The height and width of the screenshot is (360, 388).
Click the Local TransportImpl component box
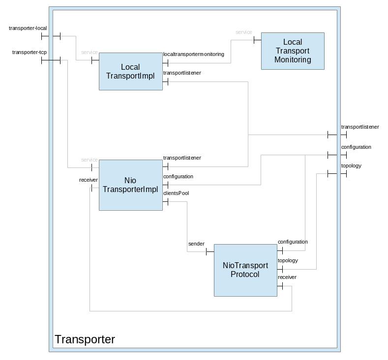coord(130,71)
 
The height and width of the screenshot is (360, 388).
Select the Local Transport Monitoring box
coord(293,51)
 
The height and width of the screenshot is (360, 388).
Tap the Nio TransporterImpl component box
coord(130,185)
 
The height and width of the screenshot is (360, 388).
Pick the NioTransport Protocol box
coord(245,270)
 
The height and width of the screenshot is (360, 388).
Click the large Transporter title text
coord(85,339)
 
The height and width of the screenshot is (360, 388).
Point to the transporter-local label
coord(28,28)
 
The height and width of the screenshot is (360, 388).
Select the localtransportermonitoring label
coord(194,54)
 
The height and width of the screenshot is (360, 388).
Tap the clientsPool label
coord(176,193)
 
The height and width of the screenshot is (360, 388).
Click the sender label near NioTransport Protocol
coord(196,244)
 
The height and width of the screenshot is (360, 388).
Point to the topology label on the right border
coord(351,166)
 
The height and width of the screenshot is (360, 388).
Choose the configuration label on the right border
coord(356,147)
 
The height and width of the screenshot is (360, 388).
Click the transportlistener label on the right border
coord(360,127)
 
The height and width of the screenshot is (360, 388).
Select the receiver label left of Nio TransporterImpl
coord(88,180)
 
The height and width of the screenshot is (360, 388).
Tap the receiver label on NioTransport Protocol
coord(287,277)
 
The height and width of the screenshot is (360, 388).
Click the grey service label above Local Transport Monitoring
coord(244,32)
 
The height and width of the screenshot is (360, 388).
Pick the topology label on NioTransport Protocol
coord(288,260)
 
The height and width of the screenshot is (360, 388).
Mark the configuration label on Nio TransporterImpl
coord(178,176)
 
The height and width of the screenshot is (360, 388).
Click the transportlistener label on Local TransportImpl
coord(182,73)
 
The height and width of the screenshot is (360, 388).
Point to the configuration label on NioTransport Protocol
coord(293,242)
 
